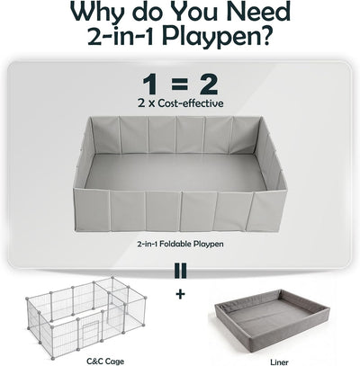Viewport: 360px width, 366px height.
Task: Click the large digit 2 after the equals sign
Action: coord(206,85)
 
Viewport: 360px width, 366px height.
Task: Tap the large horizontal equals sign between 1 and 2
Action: coord(179,85)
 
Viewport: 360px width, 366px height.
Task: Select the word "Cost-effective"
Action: coord(191,103)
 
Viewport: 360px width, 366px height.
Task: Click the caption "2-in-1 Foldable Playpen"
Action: coord(180,244)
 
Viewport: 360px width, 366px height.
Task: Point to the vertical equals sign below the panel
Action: coord(180,270)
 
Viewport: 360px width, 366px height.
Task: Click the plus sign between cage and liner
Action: coord(180,294)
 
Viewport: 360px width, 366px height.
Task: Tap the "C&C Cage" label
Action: coord(105,353)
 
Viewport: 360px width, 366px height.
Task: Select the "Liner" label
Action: coord(279,354)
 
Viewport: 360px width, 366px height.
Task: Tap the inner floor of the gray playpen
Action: coord(176,172)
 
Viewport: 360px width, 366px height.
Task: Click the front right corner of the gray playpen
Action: coord(287,190)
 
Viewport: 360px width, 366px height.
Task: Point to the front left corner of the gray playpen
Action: coord(74,188)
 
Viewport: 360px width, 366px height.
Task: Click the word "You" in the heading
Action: coord(196,12)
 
